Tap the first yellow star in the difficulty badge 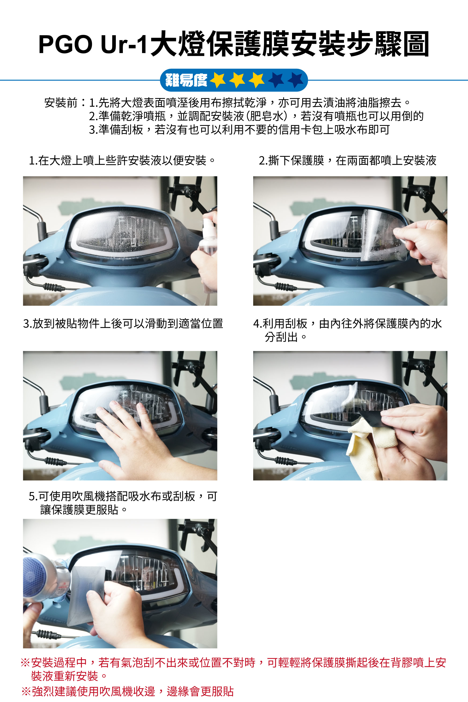(x=218, y=80)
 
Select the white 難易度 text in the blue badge (x=186, y=80)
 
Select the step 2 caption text (x=347, y=161)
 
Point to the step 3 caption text (x=123, y=323)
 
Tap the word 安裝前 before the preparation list (x=61, y=103)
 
